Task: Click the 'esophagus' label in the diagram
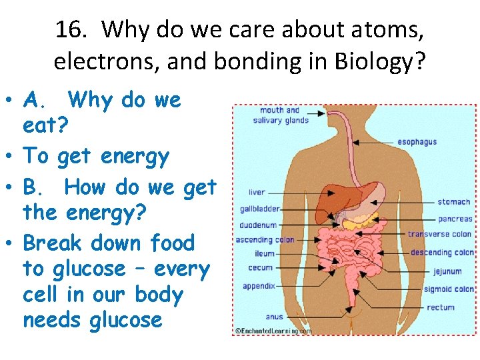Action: point(417,142)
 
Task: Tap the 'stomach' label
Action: point(453,202)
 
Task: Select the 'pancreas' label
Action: point(455,219)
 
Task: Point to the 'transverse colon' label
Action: point(439,235)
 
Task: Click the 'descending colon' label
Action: point(441,253)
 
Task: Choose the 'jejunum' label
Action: point(447,271)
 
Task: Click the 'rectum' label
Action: point(441,307)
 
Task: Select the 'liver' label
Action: point(257,193)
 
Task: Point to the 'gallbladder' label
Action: point(259,209)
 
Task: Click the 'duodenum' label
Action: point(258,225)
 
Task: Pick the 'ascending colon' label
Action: point(265,240)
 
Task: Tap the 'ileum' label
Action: point(264,254)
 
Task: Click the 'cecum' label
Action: point(260,268)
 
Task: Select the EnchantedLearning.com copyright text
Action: point(273,330)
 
